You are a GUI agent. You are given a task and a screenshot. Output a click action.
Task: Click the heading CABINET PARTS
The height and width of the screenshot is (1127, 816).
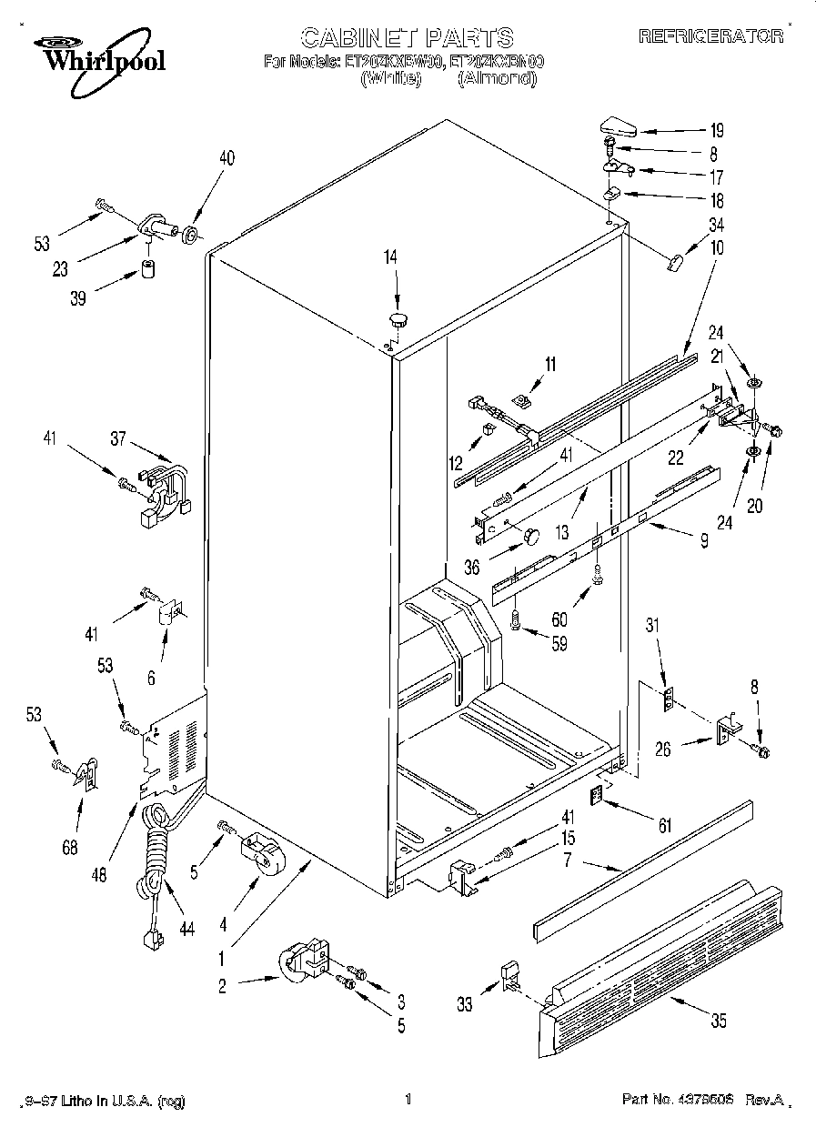(407, 37)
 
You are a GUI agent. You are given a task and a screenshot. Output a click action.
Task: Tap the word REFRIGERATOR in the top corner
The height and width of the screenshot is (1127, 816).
(710, 36)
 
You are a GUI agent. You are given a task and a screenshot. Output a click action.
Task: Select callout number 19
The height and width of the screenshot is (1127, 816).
(716, 129)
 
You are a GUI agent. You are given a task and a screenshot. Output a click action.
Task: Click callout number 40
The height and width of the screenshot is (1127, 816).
(226, 158)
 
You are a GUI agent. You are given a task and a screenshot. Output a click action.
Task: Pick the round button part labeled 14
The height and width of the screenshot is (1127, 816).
(398, 317)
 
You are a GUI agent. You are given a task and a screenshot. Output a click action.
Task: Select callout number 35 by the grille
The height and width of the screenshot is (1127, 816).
(718, 1021)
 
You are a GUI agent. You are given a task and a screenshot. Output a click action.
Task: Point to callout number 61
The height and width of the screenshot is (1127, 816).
(665, 825)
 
